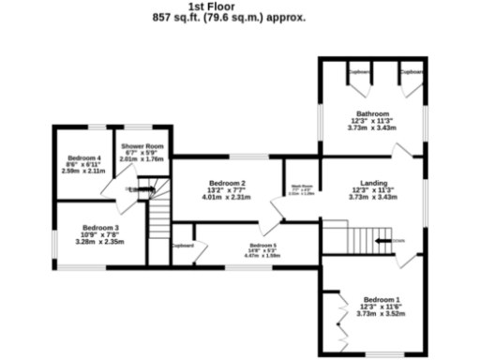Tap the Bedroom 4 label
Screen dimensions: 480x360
84,157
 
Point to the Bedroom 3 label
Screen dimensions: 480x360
99,227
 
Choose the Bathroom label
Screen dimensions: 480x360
370,113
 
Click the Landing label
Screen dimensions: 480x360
370,184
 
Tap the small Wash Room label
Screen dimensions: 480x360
300,186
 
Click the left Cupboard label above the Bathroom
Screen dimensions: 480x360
358,71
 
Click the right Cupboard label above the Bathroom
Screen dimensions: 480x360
410,71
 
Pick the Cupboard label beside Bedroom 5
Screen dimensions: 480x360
183,247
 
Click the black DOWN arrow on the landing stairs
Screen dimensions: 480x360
384,240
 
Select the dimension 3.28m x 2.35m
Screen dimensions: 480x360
99,242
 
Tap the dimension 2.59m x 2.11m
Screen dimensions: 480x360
84,172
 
